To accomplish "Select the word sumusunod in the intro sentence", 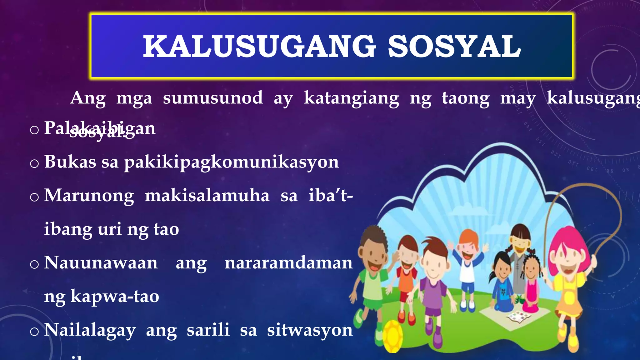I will [213, 98].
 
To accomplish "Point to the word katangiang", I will [352, 98].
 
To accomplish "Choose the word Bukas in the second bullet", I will [70, 162].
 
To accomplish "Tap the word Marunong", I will [89, 196].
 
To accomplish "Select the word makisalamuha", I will [207, 196].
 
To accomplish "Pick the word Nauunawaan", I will [101, 262].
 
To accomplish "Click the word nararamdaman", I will [288, 262].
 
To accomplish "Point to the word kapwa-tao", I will [115, 296].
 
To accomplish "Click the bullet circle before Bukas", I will [34, 163].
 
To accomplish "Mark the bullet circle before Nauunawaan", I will [34, 264].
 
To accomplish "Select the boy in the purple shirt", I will [433, 281].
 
